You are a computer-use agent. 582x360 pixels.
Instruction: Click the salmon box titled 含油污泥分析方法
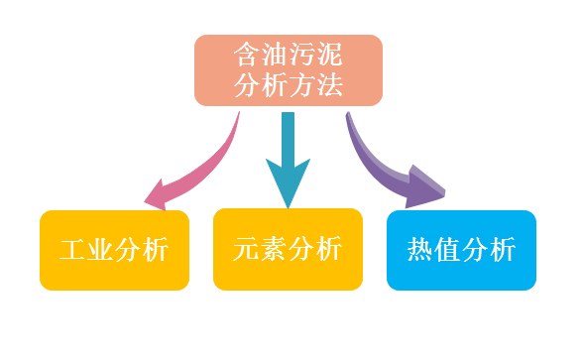288,69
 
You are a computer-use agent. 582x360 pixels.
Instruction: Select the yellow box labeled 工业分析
114,250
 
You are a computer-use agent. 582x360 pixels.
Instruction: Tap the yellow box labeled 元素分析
288,249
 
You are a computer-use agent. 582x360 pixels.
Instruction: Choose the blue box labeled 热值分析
461,250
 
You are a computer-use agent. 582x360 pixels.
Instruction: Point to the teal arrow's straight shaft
288,134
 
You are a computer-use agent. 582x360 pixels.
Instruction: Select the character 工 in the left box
73,250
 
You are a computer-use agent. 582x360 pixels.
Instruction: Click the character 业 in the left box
100,250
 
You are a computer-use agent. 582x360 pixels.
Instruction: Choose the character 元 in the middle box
247,249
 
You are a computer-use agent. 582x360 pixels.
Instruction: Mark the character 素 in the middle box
274,249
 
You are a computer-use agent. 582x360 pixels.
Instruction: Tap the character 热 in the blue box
420,250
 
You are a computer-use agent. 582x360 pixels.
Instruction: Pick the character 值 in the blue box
447,250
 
